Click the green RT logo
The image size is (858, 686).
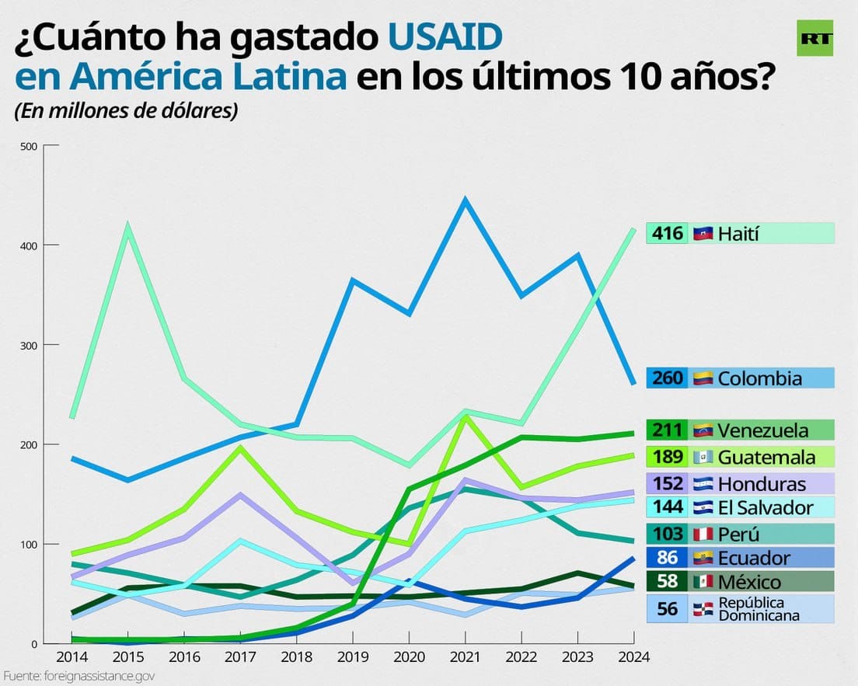click(x=814, y=38)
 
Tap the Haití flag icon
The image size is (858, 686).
click(x=703, y=233)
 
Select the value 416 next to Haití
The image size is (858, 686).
click(x=667, y=233)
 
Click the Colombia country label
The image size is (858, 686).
click(x=759, y=378)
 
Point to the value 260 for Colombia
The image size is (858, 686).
click(x=667, y=378)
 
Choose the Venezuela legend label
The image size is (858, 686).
click(x=762, y=430)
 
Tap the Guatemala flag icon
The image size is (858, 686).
click(x=703, y=457)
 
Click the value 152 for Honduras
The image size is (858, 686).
click(x=667, y=484)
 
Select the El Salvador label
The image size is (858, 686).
click(x=765, y=508)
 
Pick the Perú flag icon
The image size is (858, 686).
click(x=703, y=535)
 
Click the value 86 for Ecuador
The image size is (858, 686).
click(x=667, y=558)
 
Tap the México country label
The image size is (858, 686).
click(x=749, y=582)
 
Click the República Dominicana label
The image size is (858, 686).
click(x=751, y=609)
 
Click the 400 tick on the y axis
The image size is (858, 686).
click(x=28, y=245)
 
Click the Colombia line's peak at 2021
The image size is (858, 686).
click(x=465, y=200)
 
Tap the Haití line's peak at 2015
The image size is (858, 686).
click(x=127, y=227)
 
